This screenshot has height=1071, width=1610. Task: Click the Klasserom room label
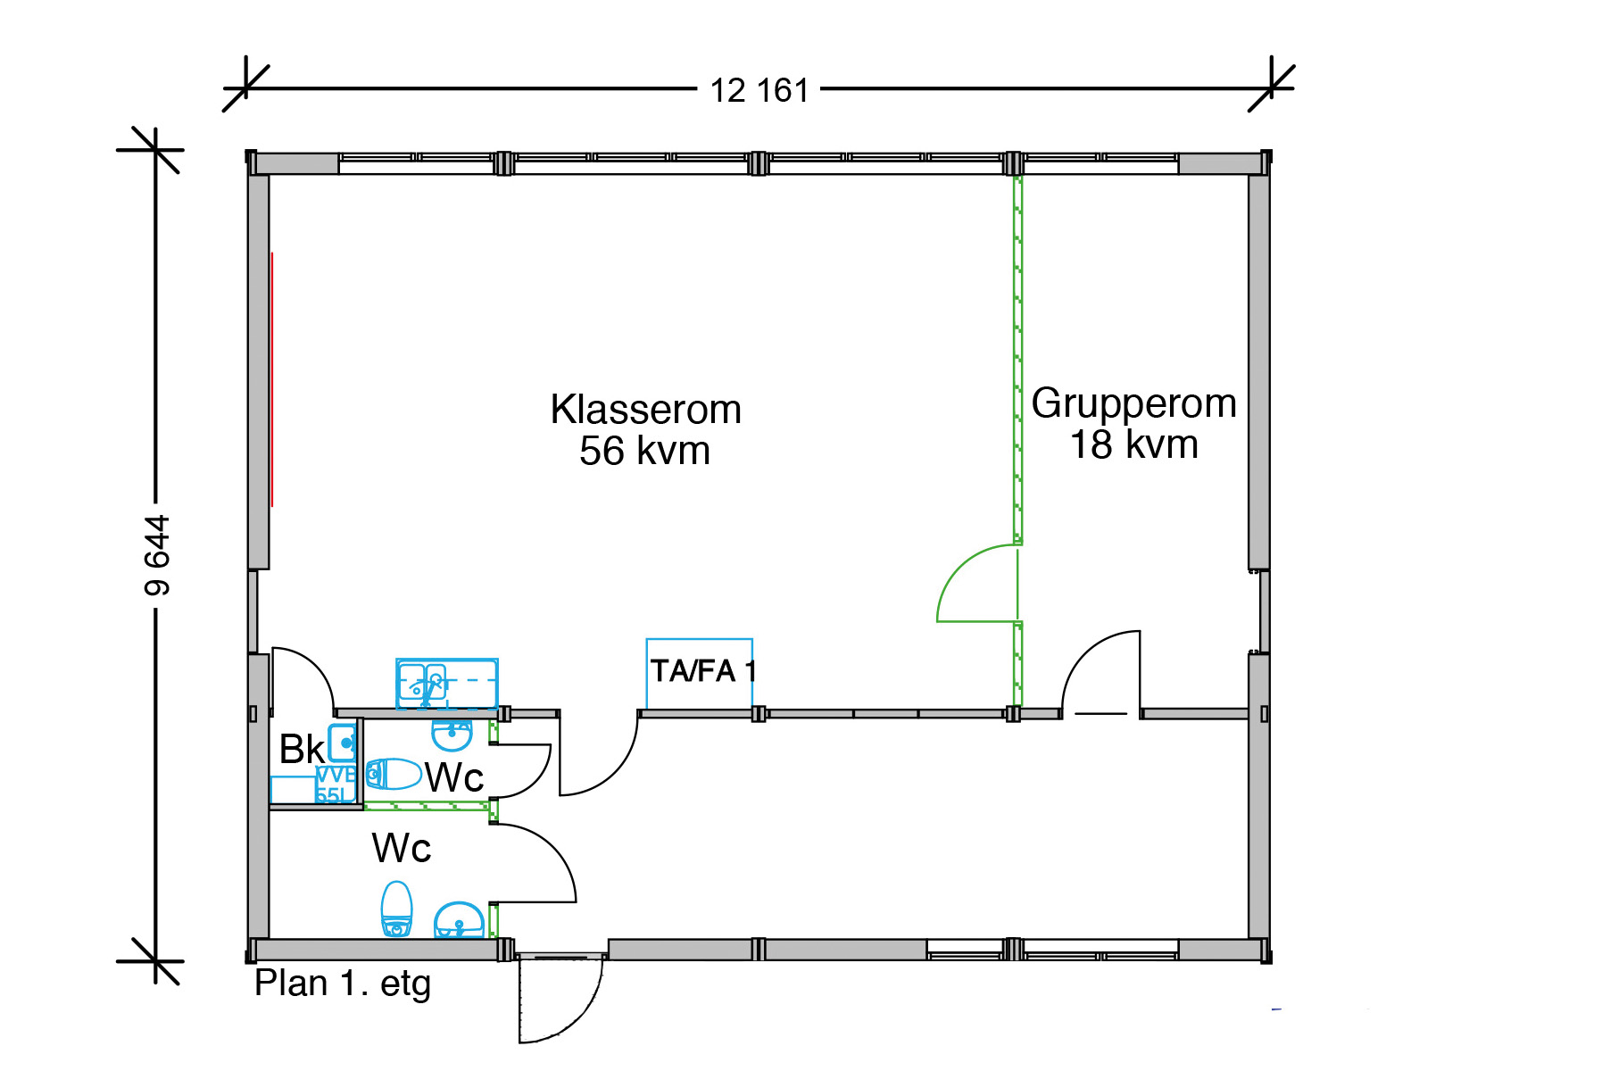(x=645, y=411)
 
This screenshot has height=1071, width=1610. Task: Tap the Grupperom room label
(x=1133, y=403)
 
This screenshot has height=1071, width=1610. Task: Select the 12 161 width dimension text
(x=759, y=91)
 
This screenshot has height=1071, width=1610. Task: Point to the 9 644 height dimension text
(x=157, y=555)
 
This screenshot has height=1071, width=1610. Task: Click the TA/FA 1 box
(x=700, y=672)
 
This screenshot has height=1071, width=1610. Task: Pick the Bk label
(x=301, y=750)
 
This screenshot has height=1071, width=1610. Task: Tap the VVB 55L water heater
(x=336, y=785)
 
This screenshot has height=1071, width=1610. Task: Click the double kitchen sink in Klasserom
(x=446, y=684)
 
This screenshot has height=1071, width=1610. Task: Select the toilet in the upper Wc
(x=394, y=774)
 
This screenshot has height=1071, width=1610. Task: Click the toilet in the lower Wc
(x=396, y=909)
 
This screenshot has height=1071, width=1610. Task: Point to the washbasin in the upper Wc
(x=452, y=736)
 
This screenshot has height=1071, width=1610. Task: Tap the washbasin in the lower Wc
(x=459, y=920)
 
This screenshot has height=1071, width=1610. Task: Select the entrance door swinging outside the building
(x=558, y=1000)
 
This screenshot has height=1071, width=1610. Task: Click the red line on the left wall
(x=272, y=379)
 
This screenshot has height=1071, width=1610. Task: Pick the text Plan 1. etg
(x=343, y=984)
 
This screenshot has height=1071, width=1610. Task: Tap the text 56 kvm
(x=644, y=452)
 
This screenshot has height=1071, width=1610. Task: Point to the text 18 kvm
(x=1133, y=445)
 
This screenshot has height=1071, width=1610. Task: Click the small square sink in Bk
(x=343, y=743)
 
